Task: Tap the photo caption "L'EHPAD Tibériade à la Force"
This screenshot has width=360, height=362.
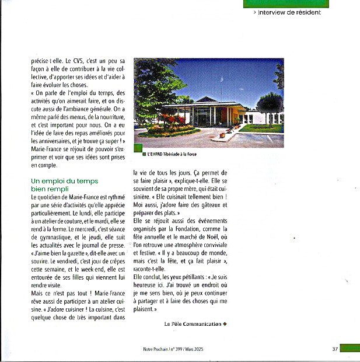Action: pyautogui.click(x=173, y=154)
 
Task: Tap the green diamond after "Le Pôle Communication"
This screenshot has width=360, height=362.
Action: pyautogui.click(x=225, y=324)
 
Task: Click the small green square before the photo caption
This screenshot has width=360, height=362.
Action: pyautogui.click(x=144, y=154)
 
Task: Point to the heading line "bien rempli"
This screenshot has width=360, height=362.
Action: pyautogui.click(x=50, y=189)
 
